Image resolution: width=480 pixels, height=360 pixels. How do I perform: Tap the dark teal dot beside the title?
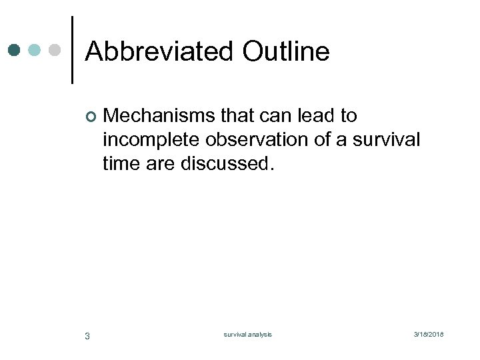[15, 50]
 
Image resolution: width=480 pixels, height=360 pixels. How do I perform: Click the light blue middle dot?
[35, 50]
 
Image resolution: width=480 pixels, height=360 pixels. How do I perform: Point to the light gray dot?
[55, 50]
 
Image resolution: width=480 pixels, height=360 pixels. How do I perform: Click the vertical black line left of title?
[72, 50]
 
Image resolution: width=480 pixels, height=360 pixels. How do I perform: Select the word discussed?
[227, 163]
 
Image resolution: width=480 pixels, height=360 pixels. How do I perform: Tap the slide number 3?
[87, 335]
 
